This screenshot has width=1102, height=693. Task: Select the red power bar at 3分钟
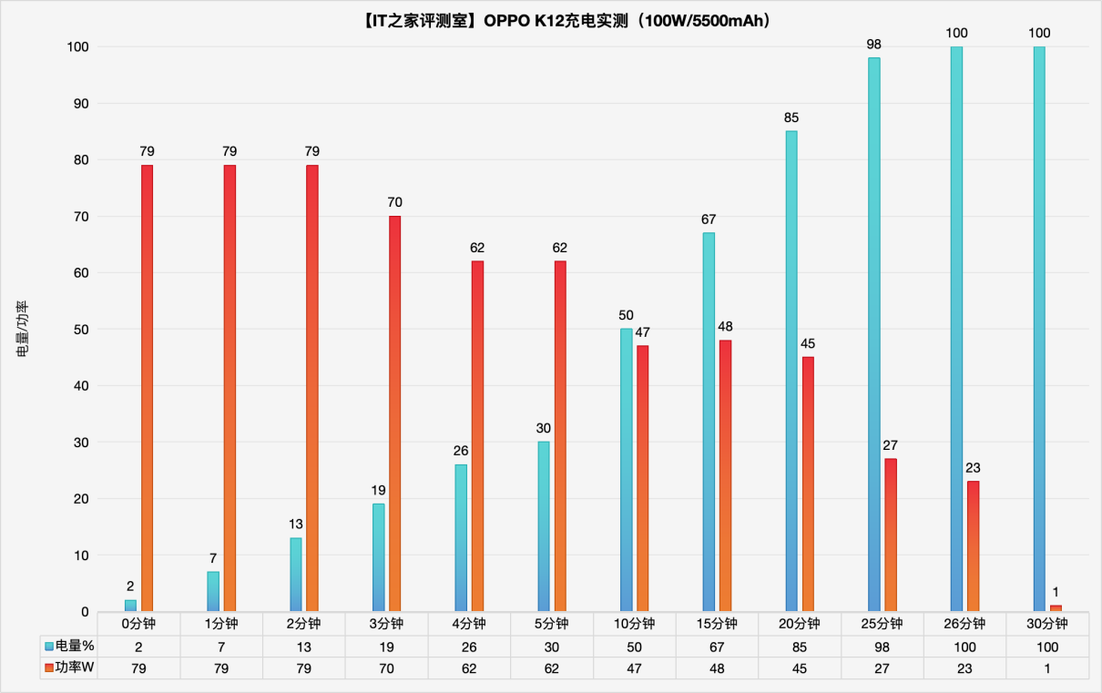point(394,413)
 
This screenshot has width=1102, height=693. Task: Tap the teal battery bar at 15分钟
point(709,422)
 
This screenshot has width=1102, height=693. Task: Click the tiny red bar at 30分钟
point(1056,607)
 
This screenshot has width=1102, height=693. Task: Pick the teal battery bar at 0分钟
point(130,606)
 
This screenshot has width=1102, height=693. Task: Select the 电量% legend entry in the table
point(70,646)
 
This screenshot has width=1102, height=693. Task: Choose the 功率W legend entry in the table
point(70,668)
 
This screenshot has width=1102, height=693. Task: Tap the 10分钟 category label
point(634,624)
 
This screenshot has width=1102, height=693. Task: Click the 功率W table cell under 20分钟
point(799,668)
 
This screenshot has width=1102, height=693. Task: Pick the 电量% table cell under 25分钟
point(882,646)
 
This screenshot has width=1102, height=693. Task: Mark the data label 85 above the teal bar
point(791,117)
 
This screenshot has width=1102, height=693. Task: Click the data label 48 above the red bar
point(725,326)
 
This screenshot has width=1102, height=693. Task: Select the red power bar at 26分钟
point(973,545)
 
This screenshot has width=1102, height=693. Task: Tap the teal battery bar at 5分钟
point(544,526)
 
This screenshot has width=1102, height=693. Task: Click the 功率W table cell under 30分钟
point(1047,668)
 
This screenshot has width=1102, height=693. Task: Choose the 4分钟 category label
point(469,624)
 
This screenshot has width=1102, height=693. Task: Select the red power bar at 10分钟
point(642,478)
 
